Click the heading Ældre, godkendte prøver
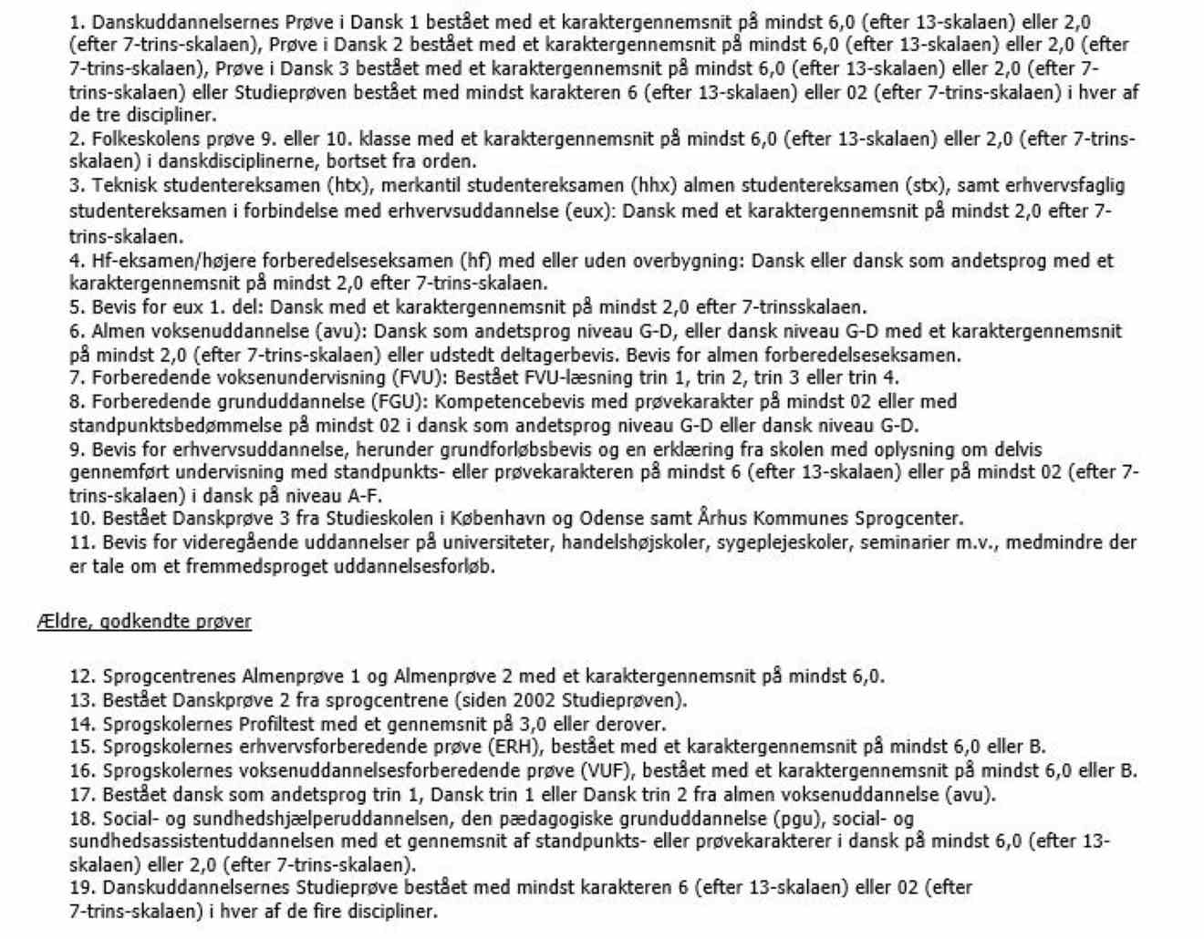pyautogui.click(x=144, y=622)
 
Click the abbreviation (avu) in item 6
pyautogui.click(x=341, y=331)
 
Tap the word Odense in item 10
pyautogui.click(x=608, y=520)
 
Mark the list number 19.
pyautogui.click(x=82, y=888)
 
